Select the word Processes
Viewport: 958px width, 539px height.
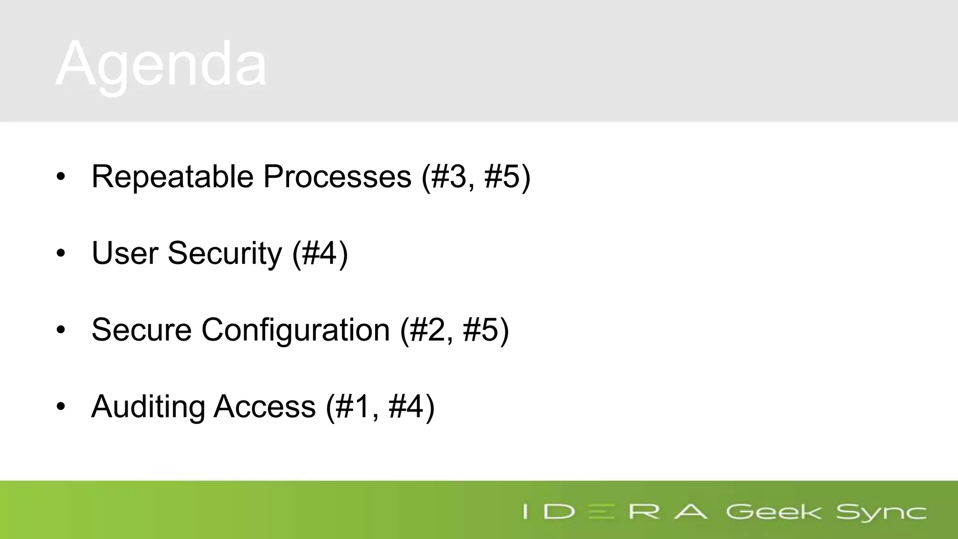[337, 177]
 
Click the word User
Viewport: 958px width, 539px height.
[125, 253]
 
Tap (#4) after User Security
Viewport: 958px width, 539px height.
[320, 253]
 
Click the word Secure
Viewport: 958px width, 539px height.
[141, 330]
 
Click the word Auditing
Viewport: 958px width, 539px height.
[148, 407]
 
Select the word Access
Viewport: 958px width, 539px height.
[264, 407]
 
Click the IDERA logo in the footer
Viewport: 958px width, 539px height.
[615, 511]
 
